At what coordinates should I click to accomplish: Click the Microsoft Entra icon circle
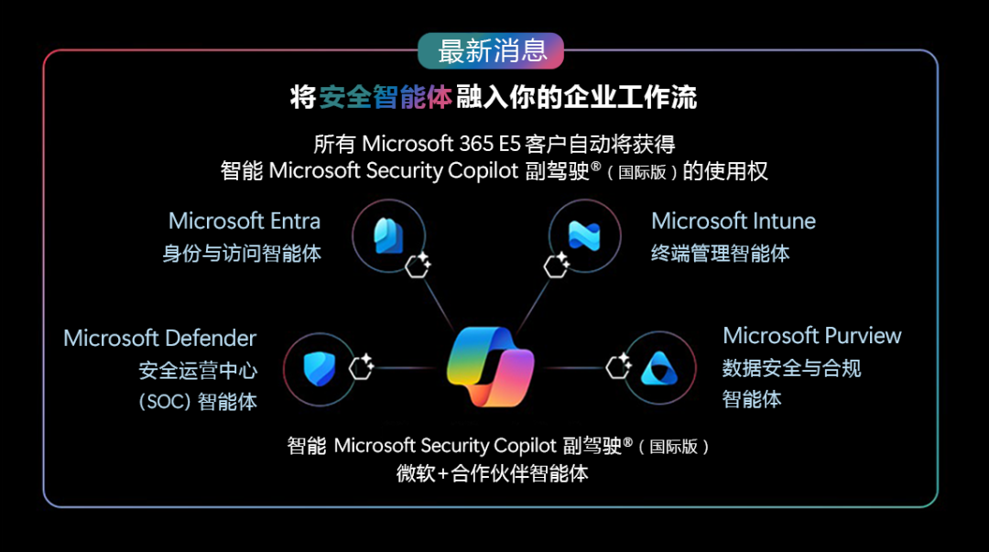[388, 236]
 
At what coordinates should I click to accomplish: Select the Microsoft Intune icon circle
[583, 236]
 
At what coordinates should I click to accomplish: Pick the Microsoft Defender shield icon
[320, 368]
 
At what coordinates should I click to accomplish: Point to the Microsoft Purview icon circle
[660, 368]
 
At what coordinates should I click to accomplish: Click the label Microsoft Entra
[245, 221]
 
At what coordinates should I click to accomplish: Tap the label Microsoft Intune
[733, 221]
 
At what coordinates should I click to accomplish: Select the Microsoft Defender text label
[159, 339]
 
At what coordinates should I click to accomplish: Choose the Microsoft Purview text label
[811, 336]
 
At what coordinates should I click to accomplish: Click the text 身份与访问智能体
[242, 254]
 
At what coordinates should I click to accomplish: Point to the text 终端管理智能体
[720, 254]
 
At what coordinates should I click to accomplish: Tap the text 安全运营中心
[198, 371]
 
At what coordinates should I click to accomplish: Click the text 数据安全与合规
[791, 368]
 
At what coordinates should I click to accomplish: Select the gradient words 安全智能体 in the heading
[386, 98]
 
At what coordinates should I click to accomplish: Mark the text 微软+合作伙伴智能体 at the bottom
[492, 473]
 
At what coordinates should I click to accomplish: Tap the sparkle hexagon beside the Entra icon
[418, 265]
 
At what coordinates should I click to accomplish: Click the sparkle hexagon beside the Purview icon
[619, 366]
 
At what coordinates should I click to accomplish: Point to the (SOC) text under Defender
[165, 401]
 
